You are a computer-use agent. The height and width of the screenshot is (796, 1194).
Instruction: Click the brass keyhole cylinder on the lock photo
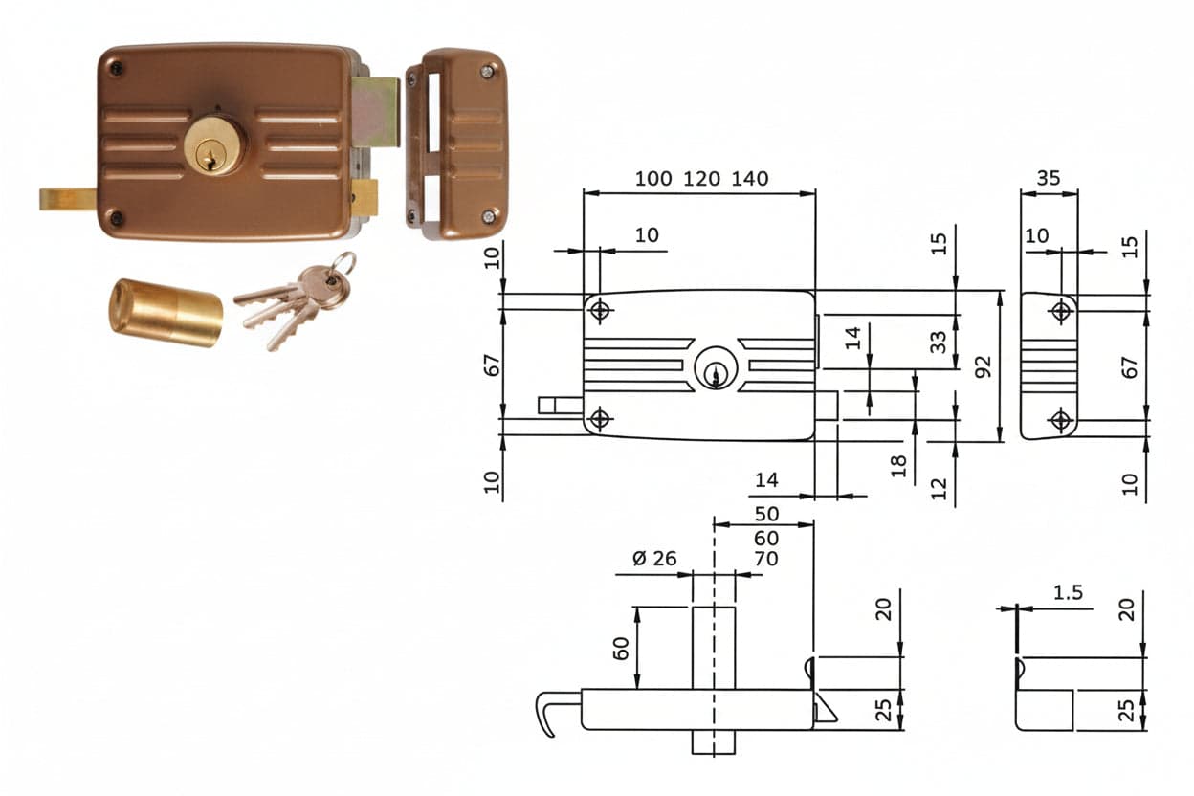pos(214,145)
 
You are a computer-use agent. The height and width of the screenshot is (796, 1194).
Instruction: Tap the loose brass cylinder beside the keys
pos(166,313)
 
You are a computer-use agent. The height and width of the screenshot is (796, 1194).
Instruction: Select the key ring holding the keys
pos(342,264)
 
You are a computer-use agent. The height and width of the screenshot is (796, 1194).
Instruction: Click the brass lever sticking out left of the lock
pos(68,199)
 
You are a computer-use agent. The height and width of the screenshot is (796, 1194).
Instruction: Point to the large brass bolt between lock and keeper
pos(375,112)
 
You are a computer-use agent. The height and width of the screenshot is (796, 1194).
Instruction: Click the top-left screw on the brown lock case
pos(116,68)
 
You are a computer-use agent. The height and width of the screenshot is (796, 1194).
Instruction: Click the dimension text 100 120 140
pos(701,179)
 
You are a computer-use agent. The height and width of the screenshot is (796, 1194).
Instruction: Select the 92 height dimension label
pos(983,366)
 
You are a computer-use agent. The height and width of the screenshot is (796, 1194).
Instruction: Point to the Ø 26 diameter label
pos(654,559)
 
